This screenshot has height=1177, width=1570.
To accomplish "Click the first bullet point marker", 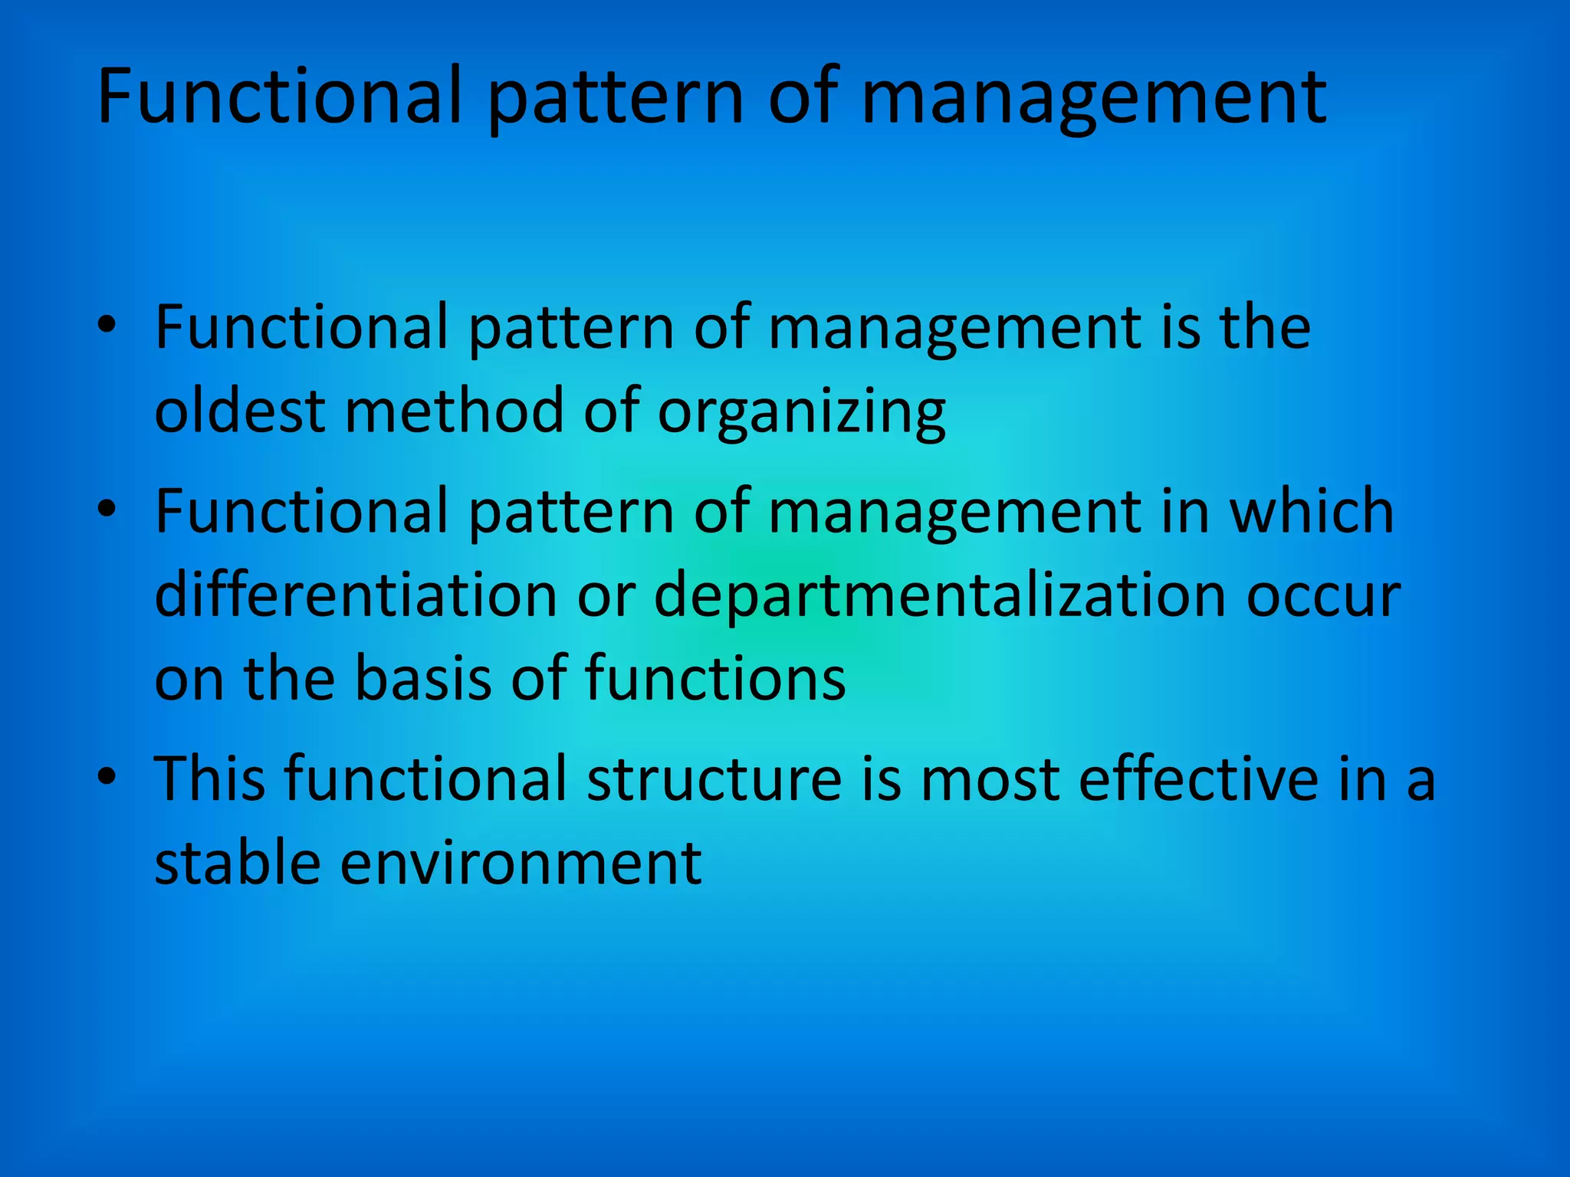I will tap(107, 326).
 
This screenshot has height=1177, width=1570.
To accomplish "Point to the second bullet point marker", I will tap(107, 510).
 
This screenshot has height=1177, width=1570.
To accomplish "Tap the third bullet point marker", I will tap(107, 777).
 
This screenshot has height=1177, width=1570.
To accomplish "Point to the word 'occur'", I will tap(1323, 596).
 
